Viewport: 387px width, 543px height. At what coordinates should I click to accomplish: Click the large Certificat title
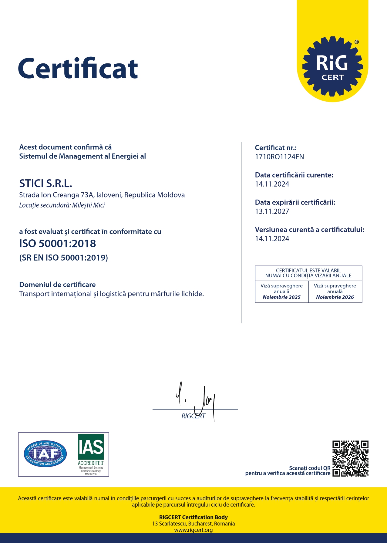(78, 69)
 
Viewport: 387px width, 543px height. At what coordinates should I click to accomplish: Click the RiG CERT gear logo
(332, 67)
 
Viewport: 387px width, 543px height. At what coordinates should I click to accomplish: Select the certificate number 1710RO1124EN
(279, 157)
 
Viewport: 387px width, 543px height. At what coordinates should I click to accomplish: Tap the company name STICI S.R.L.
(46, 184)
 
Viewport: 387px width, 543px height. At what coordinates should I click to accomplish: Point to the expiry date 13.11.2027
(272, 211)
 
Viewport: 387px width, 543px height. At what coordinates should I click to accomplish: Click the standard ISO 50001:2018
(58, 244)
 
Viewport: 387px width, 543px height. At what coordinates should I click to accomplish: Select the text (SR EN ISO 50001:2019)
(63, 258)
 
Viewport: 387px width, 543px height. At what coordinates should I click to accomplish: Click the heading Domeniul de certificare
(57, 285)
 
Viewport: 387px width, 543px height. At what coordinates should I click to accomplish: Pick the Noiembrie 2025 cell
(282, 292)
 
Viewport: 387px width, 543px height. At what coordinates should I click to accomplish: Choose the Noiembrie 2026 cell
(335, 292)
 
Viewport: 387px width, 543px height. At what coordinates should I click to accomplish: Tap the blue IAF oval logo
(45, 454)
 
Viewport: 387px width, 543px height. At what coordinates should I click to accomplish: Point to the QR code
(350, 458)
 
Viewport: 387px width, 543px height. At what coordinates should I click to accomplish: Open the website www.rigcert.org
(193, 530)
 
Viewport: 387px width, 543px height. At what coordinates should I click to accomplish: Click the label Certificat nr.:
(276, 148)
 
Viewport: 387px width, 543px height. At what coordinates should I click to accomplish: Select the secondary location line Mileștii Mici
(62, 205)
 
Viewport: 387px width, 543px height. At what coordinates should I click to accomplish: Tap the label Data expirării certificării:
(295, 202)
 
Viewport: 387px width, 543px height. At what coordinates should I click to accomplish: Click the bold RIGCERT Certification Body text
(193, 517)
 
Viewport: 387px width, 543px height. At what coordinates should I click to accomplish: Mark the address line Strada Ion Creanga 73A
(102, 195)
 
